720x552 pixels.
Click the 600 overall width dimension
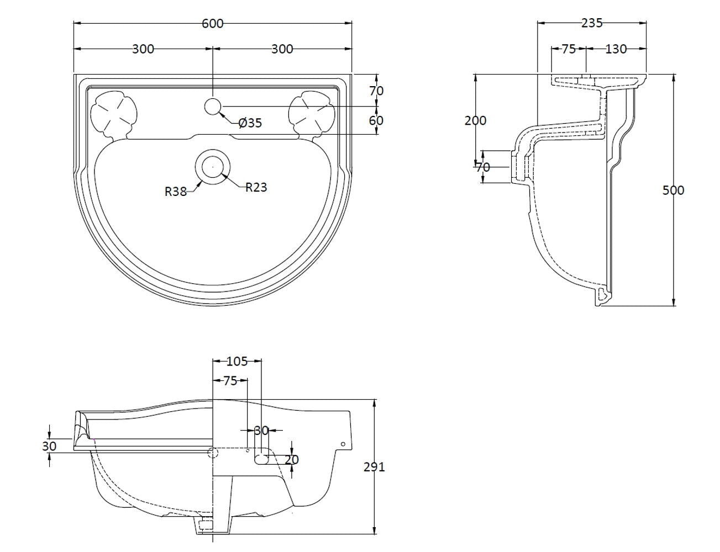point(213,23)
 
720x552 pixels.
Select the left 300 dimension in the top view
point(143,49)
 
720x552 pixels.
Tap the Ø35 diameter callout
point(250,123)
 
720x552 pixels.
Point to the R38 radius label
point(176,192)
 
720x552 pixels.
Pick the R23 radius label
point(256,188)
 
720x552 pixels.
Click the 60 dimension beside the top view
point(376,120)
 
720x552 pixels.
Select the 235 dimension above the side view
point(592,23)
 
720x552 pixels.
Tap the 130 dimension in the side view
point(616,49)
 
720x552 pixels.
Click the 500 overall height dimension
point(673,190)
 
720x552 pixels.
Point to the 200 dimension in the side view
point(475,120)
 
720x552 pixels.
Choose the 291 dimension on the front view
point(374,467)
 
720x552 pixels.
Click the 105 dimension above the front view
point(238,362)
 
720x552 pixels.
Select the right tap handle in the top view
point(311,114)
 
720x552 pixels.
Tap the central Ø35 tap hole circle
point(213,106)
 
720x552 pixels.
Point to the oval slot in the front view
point(262,458)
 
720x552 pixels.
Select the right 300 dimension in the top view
point(282,49)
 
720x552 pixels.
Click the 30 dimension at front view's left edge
point(50,446)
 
